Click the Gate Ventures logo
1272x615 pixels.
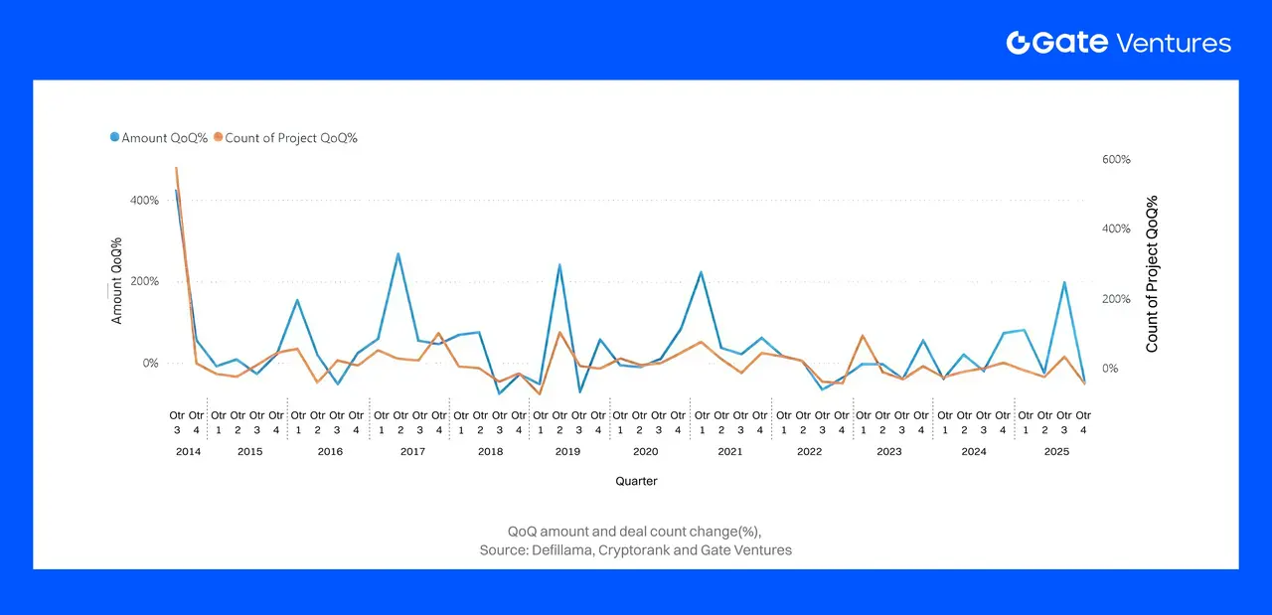pos(1118,43)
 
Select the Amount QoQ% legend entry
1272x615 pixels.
pos(159,138)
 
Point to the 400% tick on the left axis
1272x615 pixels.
pos(144,201)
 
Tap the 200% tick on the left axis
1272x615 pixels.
pos(144,282)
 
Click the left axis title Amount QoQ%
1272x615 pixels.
pos(117,281)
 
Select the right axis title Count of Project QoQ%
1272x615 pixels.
pos(1153,273)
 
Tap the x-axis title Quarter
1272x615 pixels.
pos(636,481)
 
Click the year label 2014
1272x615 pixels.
pos(188,451)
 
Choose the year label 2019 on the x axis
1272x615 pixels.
pos(567,451)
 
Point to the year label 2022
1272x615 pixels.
pos(809,451)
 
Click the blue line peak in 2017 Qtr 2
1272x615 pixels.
pos(398,253)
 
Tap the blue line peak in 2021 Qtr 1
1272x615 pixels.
pos(702,272)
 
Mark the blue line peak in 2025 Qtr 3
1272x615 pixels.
pos(1064,282)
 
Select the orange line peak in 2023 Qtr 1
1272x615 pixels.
pos(863,336)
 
